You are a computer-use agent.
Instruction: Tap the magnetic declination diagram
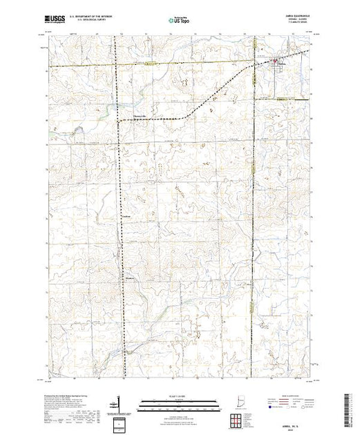coord(122,401)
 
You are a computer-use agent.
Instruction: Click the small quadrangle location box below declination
coord(122,421)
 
